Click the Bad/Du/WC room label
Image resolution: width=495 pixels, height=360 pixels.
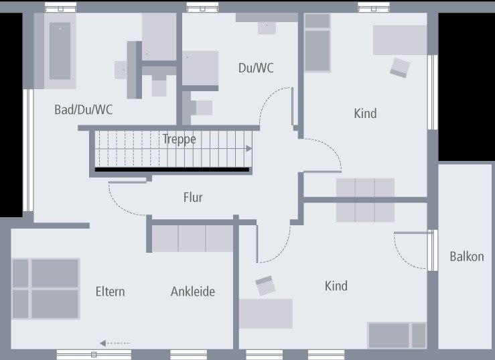click(84, 110)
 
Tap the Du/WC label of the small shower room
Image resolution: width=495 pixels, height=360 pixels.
click(256, 68)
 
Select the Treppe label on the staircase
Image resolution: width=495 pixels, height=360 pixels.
click(180, 139)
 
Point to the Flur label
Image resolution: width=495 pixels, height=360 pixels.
click(193, 197)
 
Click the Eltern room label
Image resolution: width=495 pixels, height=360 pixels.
click(111, 291)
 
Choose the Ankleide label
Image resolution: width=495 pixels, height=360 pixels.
click(193, 291)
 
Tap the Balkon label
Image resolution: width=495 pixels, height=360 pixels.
click(467, 256)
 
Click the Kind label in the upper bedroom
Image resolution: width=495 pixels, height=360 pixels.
click(365, 113)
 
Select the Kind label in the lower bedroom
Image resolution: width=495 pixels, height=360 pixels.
click(336, 286)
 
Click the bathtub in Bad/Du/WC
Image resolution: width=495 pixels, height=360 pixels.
click(60, 51)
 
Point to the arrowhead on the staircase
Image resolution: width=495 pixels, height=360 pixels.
click(249, 149)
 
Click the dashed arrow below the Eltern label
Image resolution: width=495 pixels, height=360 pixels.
click(115, 343)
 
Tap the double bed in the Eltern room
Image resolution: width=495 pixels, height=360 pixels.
click(46, 288)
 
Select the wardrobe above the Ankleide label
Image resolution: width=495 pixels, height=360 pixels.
click(192, 239)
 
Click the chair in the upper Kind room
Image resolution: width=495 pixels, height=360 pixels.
click(400, 67)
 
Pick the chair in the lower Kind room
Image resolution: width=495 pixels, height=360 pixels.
click(265, 286)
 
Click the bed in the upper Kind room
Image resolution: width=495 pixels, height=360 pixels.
click(317, 42)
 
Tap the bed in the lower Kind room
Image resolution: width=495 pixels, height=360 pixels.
click(397, 335)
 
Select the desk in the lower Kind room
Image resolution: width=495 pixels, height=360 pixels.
click(266, 314)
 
